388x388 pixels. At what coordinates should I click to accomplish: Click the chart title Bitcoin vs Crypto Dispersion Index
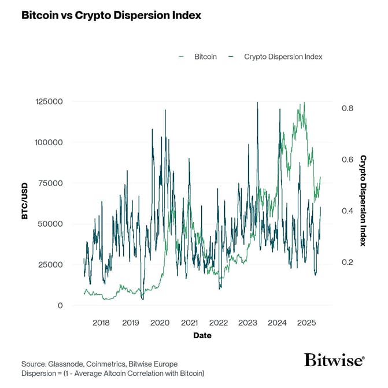pos(111,16)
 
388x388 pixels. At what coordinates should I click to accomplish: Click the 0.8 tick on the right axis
pos(347,109)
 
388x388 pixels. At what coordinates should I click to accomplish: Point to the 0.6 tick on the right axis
pos(347,160)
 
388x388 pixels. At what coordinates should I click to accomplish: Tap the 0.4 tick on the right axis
pos(347,211)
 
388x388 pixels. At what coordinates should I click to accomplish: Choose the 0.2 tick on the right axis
pos(347,262)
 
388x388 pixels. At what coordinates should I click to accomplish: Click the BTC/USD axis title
pos(25,204)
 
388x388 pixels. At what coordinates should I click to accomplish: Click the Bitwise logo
pos(334,360)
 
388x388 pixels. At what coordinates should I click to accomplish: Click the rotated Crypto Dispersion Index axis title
pos(363,200)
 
